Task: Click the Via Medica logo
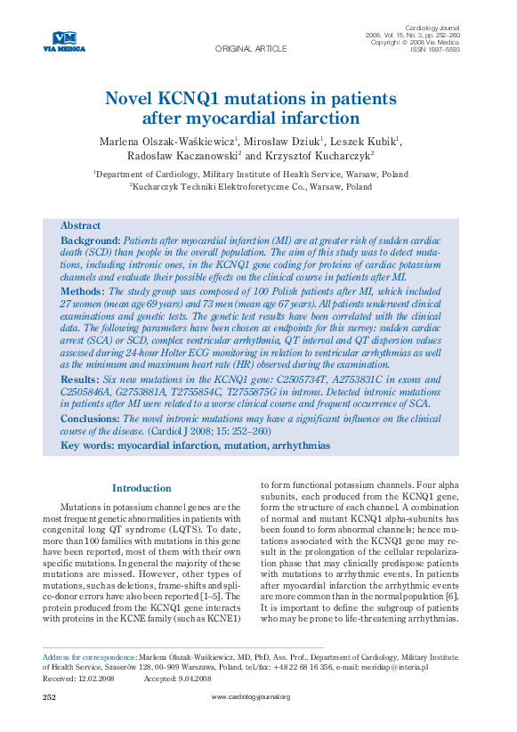(x=64, y=41)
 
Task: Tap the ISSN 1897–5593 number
(x=435, y=50)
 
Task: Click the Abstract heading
(x=80, y=225)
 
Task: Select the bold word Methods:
(x=84, y=291)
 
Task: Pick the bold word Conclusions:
(x=90, y=418)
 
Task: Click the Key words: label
(x=88, y=444)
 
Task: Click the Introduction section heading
(x=141, y=488)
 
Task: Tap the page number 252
(x=50, y=696)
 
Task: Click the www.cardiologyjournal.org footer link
(x=251, y=696)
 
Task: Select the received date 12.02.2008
(x=98, y=678)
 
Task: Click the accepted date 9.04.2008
(x=192, y=678)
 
